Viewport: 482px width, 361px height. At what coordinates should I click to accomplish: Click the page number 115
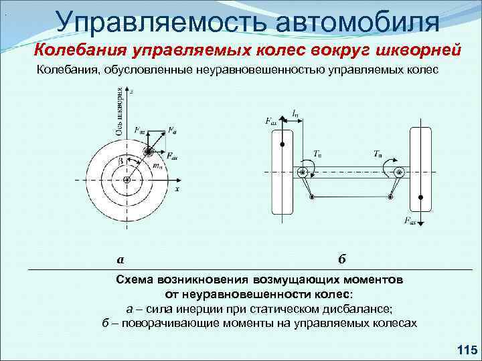click(x=465, y=349)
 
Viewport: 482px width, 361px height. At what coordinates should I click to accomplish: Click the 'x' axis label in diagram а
click(x=177, y=189)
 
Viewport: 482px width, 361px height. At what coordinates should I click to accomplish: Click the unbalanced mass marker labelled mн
click(x=148, y=153)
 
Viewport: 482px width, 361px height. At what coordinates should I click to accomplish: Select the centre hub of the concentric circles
click(x=127, y=180)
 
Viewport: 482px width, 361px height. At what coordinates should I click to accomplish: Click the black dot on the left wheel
click(x=283, y=144)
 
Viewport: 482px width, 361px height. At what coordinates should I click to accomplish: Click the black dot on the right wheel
click(x=420, y=197)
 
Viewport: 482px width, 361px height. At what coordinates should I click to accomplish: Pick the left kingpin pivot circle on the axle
click(x=303, y=172)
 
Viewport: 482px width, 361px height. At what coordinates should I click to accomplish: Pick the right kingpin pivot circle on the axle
click(x=400, y=172)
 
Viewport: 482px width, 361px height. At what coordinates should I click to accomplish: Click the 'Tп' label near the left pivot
click(x=317, y=152)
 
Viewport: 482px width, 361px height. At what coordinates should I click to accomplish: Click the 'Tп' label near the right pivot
click(x=379, y=153)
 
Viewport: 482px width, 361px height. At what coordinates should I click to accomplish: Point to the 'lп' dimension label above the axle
click(x=295, y=114)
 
